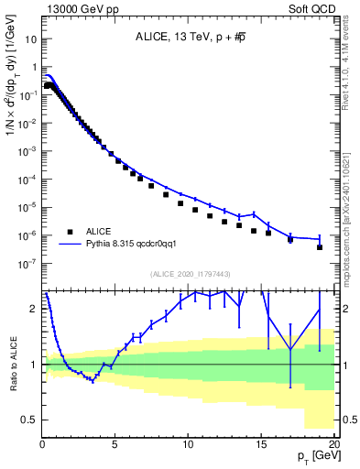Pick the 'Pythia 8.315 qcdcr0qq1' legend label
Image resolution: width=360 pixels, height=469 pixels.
click(137, 245)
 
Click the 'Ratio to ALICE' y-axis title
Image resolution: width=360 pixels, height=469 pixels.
click(12, 365)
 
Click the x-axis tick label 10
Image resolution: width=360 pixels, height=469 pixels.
click(188, 446)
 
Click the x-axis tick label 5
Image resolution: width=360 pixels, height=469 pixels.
click(115, 446)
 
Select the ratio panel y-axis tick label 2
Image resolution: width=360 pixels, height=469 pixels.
click(34, 309)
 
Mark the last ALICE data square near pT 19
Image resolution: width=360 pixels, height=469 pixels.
click(320, 247)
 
